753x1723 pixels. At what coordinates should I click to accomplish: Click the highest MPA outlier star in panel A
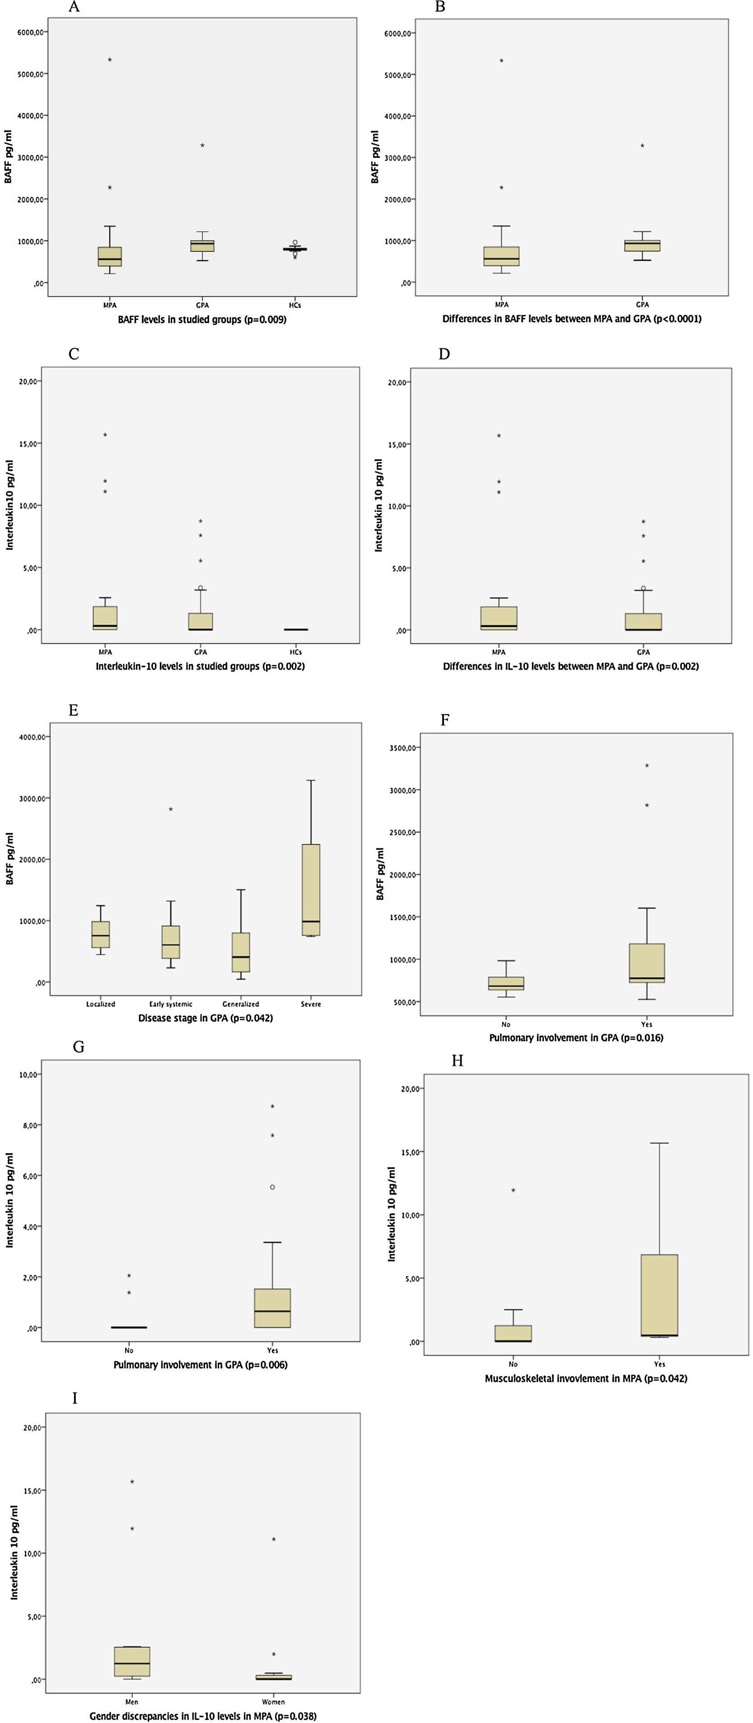[110, 60]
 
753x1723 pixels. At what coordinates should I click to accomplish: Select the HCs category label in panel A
[295, 305]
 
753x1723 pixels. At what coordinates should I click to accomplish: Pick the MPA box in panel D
[499, 618]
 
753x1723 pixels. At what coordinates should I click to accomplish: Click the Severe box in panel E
[311, 889]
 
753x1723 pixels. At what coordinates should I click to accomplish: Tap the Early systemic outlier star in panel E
[171, 809]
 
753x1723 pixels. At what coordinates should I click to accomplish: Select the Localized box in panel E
[100, 935]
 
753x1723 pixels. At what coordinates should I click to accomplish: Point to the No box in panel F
[506, 983]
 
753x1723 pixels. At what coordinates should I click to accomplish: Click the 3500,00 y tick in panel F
[404, 748]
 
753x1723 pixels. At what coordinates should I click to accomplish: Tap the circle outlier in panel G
[272, 1187]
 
